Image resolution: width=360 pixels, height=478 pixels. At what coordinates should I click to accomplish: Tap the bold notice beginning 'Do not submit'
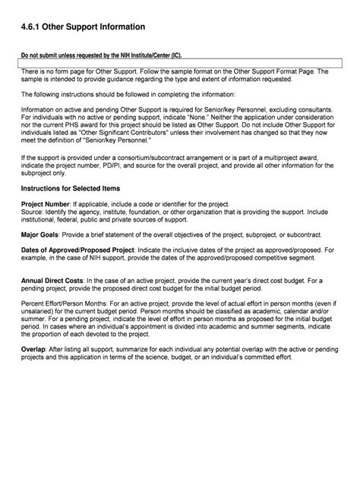tap(101, 55)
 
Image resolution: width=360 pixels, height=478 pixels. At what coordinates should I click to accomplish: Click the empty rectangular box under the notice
tap(180, 62)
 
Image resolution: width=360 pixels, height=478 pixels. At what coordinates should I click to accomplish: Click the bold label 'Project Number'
tap(45, 206)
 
